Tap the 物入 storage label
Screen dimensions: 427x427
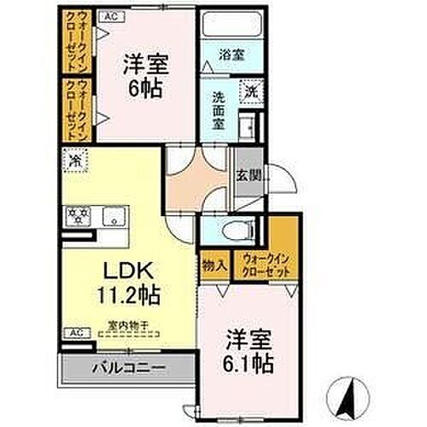[x=214, y=266]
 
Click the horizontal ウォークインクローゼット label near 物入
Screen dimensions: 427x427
[x=266, y=264]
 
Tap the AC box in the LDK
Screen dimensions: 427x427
[x=75, y=331]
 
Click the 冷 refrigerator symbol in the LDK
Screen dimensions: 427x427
[x=75, y=160]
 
